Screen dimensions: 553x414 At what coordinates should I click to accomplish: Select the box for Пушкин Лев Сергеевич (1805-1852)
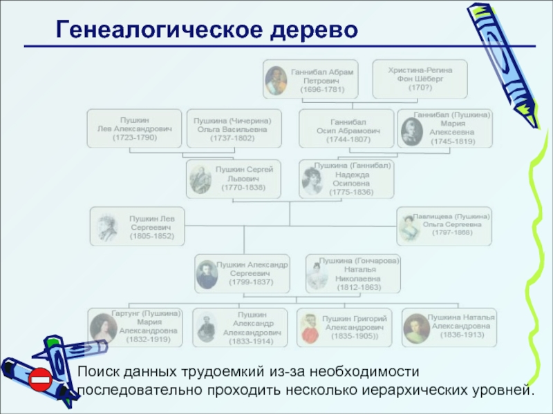tap(138, 227)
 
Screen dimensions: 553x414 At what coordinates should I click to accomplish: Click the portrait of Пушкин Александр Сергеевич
tap(206, 274)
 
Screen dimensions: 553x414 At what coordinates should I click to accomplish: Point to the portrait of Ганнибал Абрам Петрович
tap(276, 80)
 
